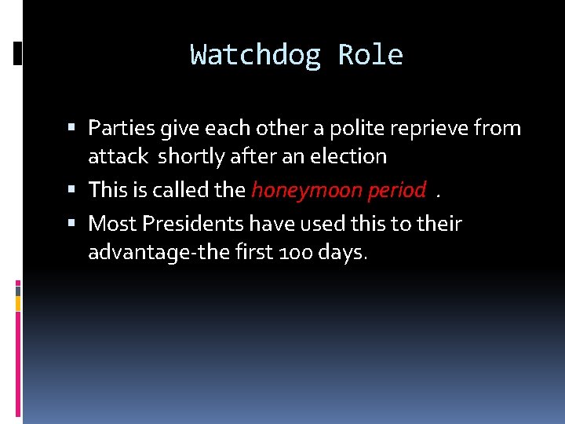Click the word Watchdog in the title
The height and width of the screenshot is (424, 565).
coord(255,56)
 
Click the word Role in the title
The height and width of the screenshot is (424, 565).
coord(370,56)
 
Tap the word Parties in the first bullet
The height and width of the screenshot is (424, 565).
coord(120,127)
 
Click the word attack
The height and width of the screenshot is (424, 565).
coord(118,156)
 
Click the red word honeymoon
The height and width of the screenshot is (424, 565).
coord(306,190)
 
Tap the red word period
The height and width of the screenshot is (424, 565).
coord(396,190)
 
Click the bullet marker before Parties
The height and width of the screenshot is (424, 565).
coord(73,127)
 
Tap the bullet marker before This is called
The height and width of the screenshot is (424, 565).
coord(73,189)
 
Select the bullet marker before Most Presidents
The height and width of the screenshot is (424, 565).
coord(73,224)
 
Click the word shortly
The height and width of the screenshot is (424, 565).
coord(191,157)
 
